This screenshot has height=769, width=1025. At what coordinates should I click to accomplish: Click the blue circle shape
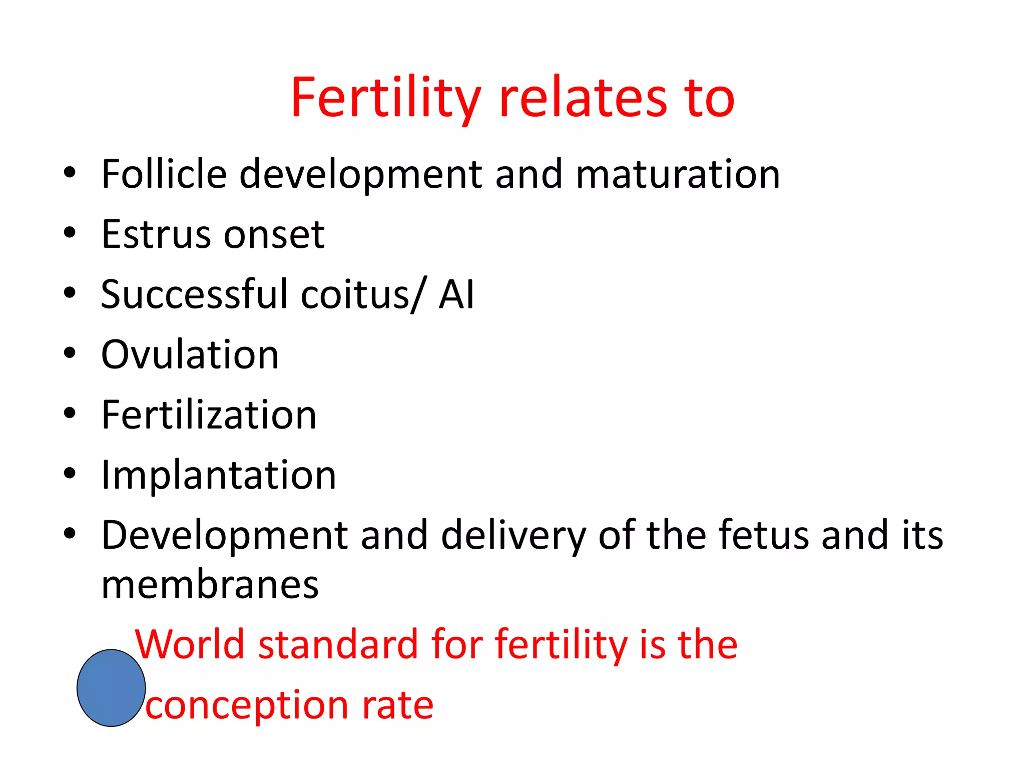tap(111, 688)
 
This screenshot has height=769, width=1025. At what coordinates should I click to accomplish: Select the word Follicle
tap(164, 174)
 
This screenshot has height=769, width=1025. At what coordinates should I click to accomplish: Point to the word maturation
tap(678, 174)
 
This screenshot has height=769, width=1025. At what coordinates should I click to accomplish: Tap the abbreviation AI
tap(456, 294)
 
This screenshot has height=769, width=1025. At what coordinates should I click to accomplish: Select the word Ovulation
tap(190, 354)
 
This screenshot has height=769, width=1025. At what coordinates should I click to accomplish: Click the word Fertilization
tap(209, 415)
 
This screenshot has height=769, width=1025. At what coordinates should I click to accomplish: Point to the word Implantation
tap(219, 475)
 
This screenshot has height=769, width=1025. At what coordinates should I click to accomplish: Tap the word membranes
tap(210, 585)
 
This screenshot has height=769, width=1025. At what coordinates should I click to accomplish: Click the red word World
tap(190, 644)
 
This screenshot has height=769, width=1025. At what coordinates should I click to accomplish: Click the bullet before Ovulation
tap(70, 353)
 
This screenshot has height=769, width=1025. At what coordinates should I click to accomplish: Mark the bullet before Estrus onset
tap(70, 233)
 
